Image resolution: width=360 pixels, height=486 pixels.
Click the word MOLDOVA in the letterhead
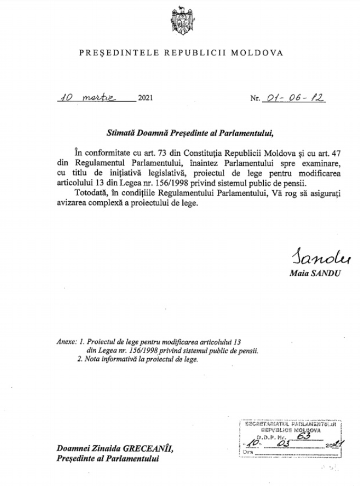[260, 53]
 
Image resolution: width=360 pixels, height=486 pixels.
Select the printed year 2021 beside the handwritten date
[145, 99]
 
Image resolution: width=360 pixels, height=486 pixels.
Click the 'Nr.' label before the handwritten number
[255, 99]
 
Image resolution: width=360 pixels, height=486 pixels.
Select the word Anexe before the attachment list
[66, 342]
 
